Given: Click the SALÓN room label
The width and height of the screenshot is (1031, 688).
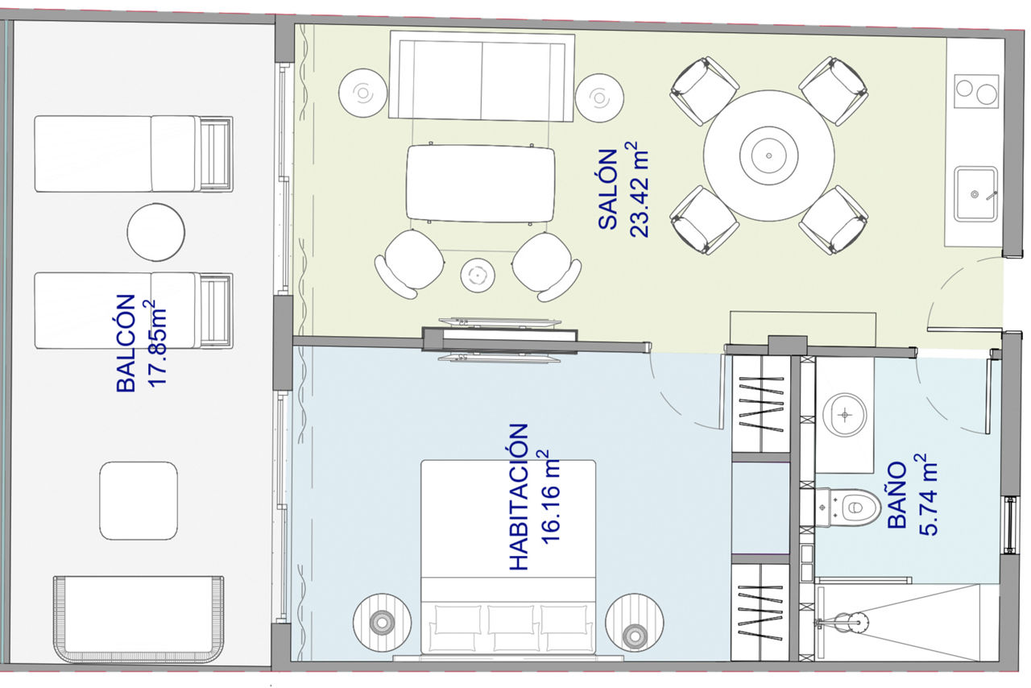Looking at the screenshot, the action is coord(607,189).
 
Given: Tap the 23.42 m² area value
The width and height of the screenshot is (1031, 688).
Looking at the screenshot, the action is coord(639,189).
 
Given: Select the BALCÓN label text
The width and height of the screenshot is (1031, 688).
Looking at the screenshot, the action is coord(126,343).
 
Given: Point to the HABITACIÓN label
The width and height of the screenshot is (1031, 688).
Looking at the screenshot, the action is coord(519,497).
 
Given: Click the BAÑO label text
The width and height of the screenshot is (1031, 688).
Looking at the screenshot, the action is coord(896,495).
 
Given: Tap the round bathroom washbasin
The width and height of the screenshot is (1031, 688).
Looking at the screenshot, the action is coord(845,415).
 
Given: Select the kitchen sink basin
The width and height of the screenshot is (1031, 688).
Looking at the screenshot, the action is coord(975,194).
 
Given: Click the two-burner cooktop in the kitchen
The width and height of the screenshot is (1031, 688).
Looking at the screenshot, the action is coord(976,91).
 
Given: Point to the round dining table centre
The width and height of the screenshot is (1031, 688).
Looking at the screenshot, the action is coord(768,155).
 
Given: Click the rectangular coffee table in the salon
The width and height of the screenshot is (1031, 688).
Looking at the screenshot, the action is coord(481,184).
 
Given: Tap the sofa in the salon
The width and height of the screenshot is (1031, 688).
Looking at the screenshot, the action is coord(482,77).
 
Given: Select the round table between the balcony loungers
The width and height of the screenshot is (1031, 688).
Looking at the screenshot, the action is coord(156,232).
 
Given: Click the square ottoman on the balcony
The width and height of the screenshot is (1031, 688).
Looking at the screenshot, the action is coord(139,500).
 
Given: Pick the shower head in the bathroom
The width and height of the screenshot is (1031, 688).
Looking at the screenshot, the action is coord(857,623).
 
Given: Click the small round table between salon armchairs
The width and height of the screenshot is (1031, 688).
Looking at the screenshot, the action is coord(478,276).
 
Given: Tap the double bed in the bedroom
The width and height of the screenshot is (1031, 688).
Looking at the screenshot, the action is coord(508,557).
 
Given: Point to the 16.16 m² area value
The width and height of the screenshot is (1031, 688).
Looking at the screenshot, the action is coord(550,497).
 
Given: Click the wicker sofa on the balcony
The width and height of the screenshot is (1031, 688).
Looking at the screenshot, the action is coord(139,619).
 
